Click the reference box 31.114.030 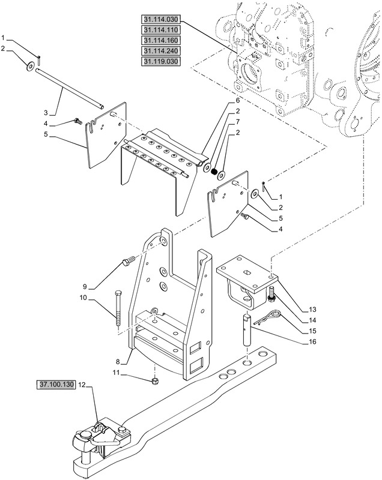[x=161, y=19]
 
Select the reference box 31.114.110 [x=161, y=29]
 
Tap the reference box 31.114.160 [x=161, y=40]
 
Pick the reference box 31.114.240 [x=161, y=50]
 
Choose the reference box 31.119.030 [x=161, y=61]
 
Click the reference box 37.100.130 [x=56, y=385]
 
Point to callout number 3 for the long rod [x=46, y=113]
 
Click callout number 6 [x=237, y=101]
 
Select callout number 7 [x=237, y=122]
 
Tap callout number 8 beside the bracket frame [x=118, y=362]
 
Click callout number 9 [x=85, y=287]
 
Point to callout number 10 [x=83, y=298]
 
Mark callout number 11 [x=116, y=373]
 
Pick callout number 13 [x=312, y=310]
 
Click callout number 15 [x=312, y=331]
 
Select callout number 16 [x=312, y=341]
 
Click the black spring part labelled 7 [x=215, y=172]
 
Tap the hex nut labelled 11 [x=156, y=381]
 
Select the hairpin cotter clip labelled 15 [x=268, y=317]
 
